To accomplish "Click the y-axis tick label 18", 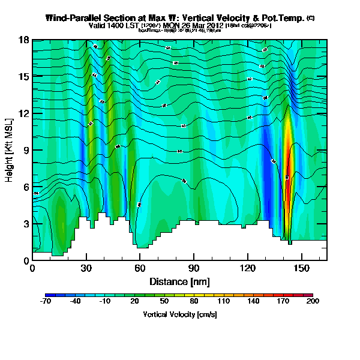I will pos(23,40).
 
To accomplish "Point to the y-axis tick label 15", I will pos(23,77).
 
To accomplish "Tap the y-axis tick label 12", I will pos(23,113).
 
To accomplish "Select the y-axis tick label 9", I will pos(26,151).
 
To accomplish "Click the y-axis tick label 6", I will pos(26,187).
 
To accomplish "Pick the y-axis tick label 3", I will pos(26,224).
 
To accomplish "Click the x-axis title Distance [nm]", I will pos(179,281).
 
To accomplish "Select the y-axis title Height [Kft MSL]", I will pos(10,151).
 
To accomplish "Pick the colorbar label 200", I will pos(312,302).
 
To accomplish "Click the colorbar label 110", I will pos(223,302).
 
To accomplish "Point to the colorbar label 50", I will pos(164,302).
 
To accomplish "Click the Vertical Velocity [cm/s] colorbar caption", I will pos(179,314).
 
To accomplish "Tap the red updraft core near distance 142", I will pos(287,180).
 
